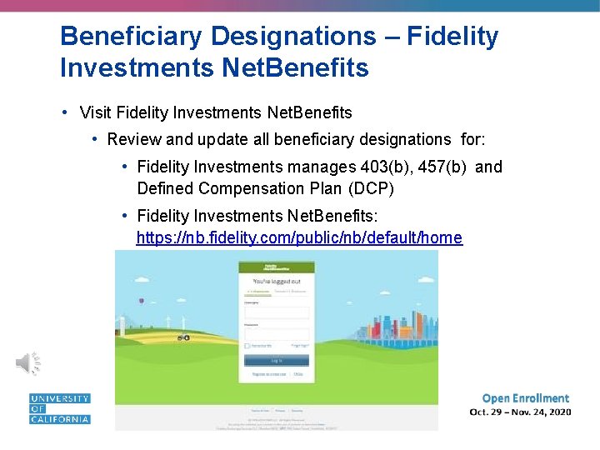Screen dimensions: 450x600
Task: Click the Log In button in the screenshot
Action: [x=276, y=360]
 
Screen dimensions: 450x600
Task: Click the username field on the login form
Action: [x=276, y=312]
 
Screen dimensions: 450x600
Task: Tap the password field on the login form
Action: [x=276, y=332]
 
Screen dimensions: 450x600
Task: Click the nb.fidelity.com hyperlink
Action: [x=299, y=237]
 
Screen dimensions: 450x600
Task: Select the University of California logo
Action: [x=59, y=408]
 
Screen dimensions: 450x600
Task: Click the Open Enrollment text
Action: [x=525, y=398]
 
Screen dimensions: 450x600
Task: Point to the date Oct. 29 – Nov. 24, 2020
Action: [x=520, y=412]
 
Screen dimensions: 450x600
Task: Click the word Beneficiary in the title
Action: [x=131, y=37]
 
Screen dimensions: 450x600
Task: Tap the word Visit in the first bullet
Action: [x=97, y=112]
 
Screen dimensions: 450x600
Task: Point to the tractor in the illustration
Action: [x=182, y=337]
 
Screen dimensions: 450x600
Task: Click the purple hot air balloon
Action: [x=142, y=301]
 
